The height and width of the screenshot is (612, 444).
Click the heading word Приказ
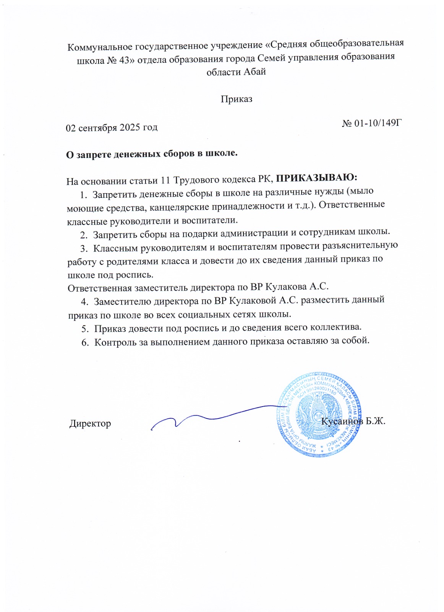pyautogui.click(x=236, y=99)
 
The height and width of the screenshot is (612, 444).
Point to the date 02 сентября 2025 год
pyautogui.click(x=112, y=127)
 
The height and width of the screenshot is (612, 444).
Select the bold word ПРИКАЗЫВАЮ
pyautogui.click(x=316, y=177)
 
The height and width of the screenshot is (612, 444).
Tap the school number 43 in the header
pyautogui.click(x=124, y=60)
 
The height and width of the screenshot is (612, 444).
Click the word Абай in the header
pyautogui.click(x=254, y=72)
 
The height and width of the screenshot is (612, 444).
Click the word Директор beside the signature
pyautogui.click(x=90, y=423)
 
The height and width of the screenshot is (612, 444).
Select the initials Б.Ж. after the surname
pyautogui.click(x=375, y=421)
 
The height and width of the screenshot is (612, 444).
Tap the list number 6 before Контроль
pyautogui.click(x=85, y=342)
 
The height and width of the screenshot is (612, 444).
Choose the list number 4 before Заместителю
pyautogui.click(x=84, y=302)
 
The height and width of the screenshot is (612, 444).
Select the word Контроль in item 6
pyautogui.click(x=115, y=342)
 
